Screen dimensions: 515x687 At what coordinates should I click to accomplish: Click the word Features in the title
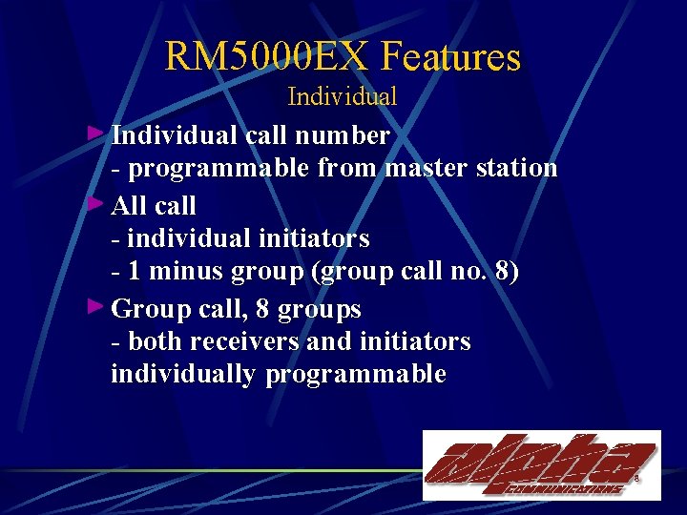(451, 57)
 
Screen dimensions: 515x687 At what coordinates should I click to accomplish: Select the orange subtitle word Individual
(342, 96)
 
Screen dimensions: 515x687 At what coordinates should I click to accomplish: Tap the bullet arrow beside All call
(94, 202)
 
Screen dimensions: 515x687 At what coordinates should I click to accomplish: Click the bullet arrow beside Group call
(94, 306)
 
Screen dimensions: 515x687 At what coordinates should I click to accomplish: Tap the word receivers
(245, 341)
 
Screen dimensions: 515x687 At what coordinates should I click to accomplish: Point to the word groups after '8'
(322, 309)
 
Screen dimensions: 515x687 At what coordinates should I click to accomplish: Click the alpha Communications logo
(541, 464)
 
